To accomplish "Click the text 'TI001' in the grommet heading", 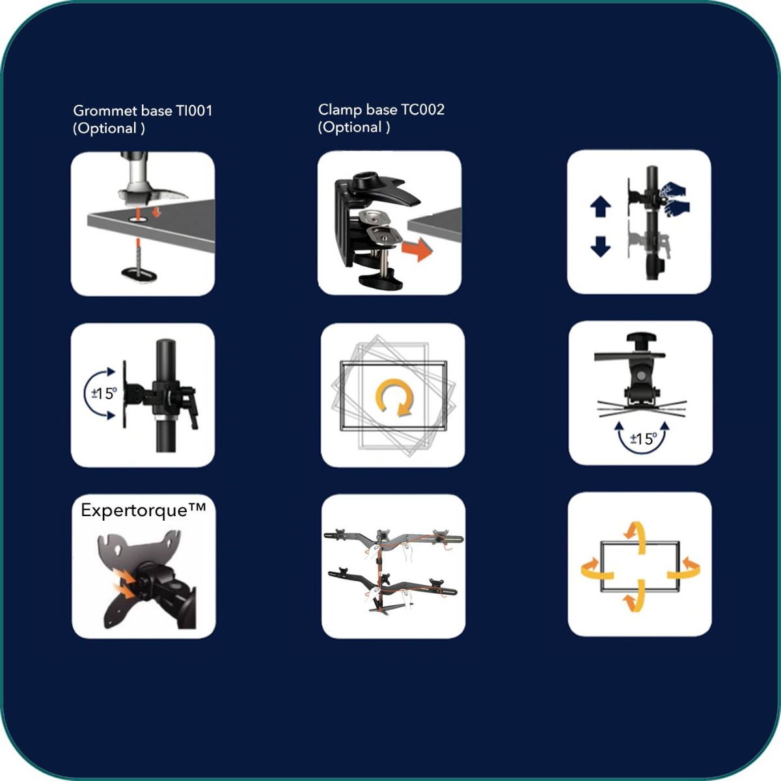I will pos(194,111).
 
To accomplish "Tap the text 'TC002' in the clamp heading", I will pos(422,109).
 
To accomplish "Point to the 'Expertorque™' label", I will pos(143,510).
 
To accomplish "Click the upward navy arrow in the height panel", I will pos(600,206).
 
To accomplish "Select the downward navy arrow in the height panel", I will pos(600,246).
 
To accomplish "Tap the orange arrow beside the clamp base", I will pos(417,248).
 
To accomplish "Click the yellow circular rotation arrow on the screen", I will pos(394,397).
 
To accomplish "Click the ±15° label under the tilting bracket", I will pos(643,439).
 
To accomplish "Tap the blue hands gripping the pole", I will pos(674,199).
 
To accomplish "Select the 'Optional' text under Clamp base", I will pos(354,127).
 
